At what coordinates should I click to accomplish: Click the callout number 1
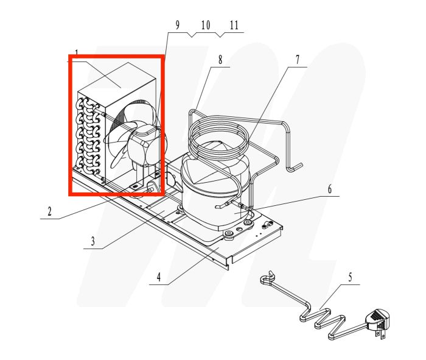(77, 52)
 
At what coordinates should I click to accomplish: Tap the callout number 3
(93, 241)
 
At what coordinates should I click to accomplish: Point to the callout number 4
(158, 278)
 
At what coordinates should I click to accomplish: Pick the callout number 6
(329, 189)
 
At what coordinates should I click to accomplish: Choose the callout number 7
(298, 60)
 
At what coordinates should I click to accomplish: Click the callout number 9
(178, 26)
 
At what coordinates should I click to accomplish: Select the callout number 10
(205, 26)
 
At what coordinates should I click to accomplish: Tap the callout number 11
(234, 26)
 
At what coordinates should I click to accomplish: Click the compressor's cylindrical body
(207, 195)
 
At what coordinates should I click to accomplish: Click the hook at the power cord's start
(266, 280)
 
